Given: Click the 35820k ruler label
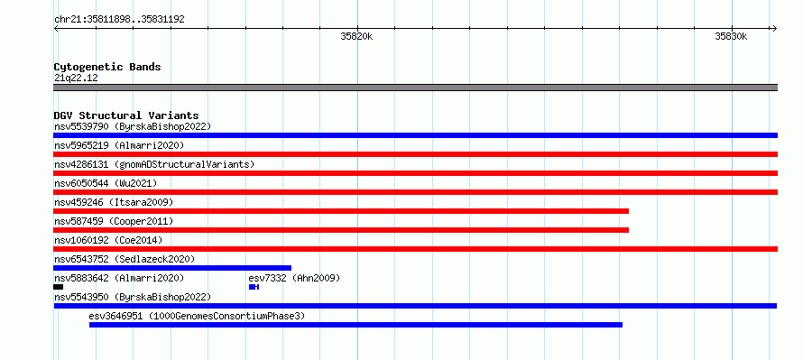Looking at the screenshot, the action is click(x=356, y=36).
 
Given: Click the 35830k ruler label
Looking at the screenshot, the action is click(x=732, y=36).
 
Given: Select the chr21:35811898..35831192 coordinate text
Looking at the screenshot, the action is click(x=119, y=20).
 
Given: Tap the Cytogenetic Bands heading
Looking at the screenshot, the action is click(x=107, y=67).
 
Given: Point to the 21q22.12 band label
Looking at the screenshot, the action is click(x=76, y=78).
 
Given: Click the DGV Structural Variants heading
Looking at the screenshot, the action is click(x=126, y=115).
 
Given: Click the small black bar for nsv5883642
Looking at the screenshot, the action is click(x=59, y=287).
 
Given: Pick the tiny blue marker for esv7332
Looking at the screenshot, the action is click(x=254, y=287).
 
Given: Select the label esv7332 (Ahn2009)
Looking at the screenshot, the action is click(x=294, y=278).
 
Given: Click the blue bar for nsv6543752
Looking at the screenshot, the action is click(x=172, y=268).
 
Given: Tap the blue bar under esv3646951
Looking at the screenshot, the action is click(x=355, y=325).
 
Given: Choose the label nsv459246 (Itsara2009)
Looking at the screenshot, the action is click(x=114, y=202).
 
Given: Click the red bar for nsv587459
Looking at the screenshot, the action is click(x=341, y=230).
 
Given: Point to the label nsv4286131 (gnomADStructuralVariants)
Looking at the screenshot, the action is click(x=154, y=164).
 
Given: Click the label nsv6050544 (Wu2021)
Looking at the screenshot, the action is click(x=106, y=183).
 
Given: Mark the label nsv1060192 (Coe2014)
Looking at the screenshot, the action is click(x=108, y=240).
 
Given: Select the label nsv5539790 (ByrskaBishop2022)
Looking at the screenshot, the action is click(x=133, y=126).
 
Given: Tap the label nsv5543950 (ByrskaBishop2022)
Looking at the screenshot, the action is click(x=133, y=297).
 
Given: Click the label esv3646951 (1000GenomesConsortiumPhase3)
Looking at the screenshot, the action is click(x=197, y=316).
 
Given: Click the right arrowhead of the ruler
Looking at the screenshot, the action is click(x=775, y=29).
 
